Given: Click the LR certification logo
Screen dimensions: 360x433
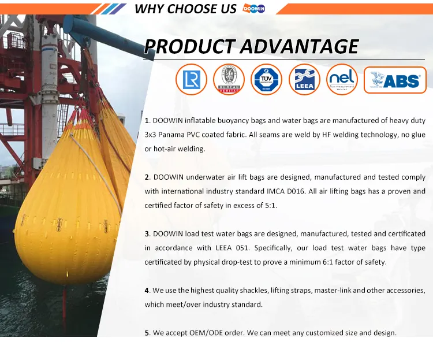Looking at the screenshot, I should pyautogui.click(x=191, y=80).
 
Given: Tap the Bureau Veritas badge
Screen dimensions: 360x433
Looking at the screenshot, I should pyautogui.click(x=229, y=80).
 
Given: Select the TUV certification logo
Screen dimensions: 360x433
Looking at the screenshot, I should pyautogui.click(x=267, y=80).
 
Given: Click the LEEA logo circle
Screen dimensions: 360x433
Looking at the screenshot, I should pyautogui.click(x=304, y=80).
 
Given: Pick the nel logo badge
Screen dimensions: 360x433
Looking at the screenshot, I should pyautogui.click(x=342, y=80).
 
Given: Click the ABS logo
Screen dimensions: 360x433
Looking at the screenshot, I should pyautogui.click(x=395, y=80).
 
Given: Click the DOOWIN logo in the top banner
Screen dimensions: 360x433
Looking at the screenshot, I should pyautogui.click(x=254, y=9).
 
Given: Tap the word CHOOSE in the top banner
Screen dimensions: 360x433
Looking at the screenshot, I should pyautogui.click(x=199, y=9).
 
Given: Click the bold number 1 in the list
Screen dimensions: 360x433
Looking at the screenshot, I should pyautogui.click(x=147, y=121).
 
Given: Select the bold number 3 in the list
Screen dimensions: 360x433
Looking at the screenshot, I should pyautogui.click(x=147, y=234).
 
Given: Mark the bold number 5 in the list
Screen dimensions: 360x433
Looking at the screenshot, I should pyautogui.click(x=147, y=333).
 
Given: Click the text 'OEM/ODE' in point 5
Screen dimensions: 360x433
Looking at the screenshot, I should pyautogui.click(x=199, y=333).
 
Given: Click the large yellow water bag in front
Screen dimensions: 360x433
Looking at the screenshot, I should pyautogui.click(x=66, y=220).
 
